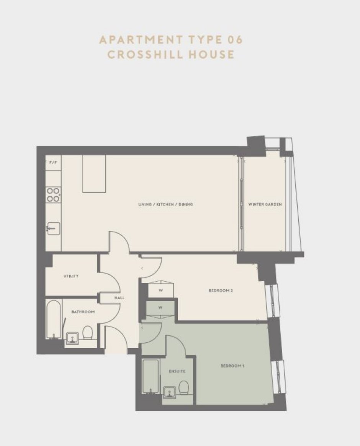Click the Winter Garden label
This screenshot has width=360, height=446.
click(265, 204)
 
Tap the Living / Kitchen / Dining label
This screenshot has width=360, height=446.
click(165, 204)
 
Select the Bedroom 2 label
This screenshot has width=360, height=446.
click(221, 291)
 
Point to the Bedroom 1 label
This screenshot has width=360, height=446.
click(232, 366)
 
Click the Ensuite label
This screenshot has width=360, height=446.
click(177, 371)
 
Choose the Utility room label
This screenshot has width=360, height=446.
click(71, 276)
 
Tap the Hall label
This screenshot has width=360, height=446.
click(119, 298)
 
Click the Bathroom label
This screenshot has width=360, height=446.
click(83, 312)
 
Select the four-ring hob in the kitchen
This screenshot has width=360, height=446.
click(54, 195)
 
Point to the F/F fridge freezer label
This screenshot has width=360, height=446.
click(53, 162)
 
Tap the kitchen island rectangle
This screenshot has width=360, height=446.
click(94, 174)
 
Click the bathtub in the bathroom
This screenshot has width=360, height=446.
click(54, 320)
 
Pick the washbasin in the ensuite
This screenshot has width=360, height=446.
click(170, 392)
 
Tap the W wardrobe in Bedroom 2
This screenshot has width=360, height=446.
click(161, 290)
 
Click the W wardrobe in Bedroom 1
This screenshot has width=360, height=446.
click(160, 307)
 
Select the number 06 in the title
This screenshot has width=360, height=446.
click(235, 40)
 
